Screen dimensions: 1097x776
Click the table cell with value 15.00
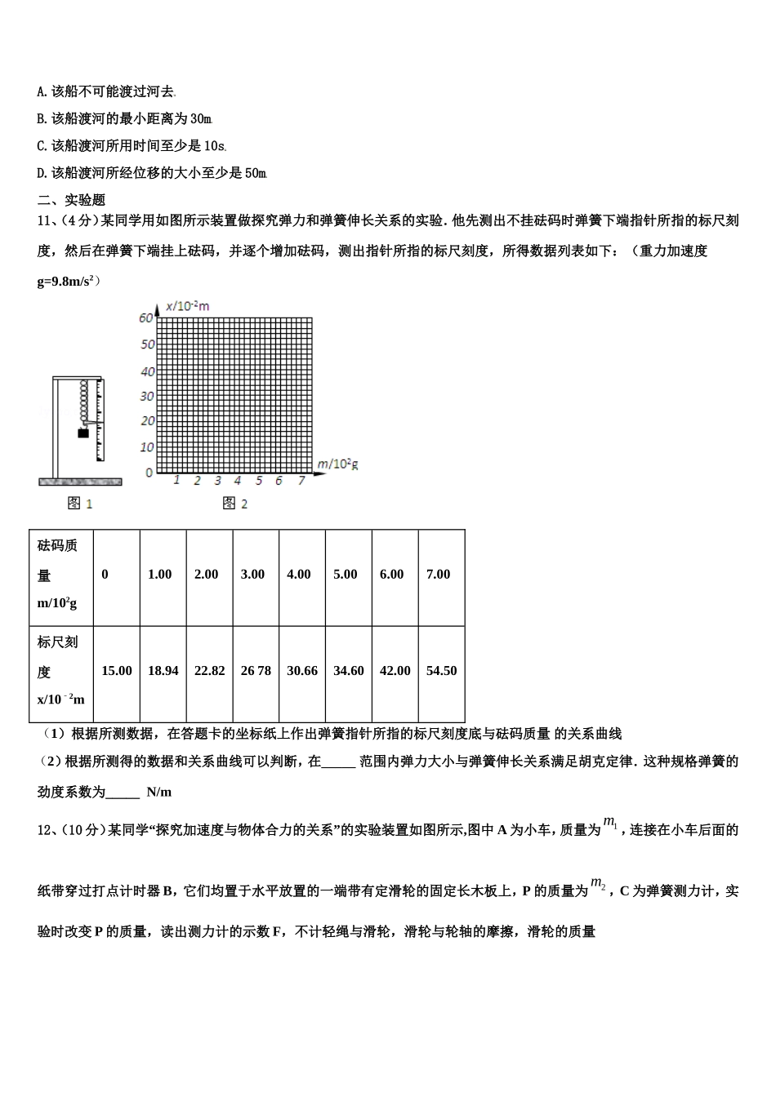[116, 671]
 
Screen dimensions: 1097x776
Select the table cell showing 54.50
[441, 671]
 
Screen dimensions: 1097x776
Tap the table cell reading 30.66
[302, 671]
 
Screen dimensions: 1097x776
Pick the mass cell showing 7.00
[439, 575]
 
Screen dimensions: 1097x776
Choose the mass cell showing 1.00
[160, 575]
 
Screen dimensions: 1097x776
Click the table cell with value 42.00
[395, 671]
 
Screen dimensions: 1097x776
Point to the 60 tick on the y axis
[146, 318]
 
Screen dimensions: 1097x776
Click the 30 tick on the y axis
[147, 397]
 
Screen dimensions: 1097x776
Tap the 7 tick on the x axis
[301, 481]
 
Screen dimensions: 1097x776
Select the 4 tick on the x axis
[238, 481]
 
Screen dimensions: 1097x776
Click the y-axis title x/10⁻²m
[188, 306]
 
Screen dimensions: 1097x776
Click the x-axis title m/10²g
[337, 464]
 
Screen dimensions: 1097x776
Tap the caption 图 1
[80, 504]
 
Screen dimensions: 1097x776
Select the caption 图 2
[235, 504]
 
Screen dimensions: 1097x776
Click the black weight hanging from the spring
[83, 433]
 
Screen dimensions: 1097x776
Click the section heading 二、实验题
[72, 200]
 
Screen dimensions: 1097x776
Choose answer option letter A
[42, 92]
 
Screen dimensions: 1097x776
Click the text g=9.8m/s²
[68, 282]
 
